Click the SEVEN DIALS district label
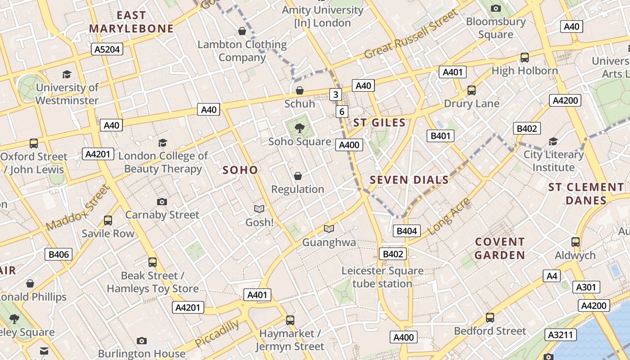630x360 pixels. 409,180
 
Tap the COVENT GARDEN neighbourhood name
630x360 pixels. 500,248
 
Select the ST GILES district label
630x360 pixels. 379,122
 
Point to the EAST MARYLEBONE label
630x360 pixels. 131,22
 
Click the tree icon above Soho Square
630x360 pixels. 300,129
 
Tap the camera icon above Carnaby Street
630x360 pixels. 162,202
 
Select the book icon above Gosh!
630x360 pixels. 259,209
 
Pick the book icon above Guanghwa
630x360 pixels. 329,229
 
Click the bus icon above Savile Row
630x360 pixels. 108,220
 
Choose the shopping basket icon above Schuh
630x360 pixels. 300,90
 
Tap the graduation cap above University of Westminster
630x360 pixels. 67,74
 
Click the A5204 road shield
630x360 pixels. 107,49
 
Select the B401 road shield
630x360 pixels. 440,136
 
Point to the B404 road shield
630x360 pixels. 406,231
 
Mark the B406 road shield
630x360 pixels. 59,255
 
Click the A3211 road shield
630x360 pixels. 561,335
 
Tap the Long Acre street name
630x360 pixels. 449,216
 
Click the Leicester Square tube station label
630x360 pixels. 382,277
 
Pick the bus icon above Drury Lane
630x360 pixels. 472,90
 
